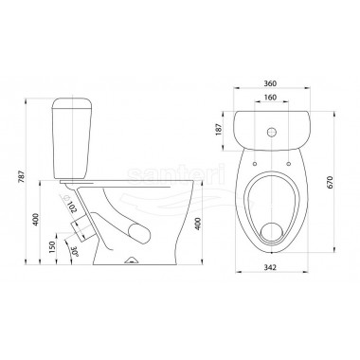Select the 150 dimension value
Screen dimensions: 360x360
tap(52, 246)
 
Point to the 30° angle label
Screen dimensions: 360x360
tap(75, 251)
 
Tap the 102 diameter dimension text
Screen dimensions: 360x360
tap(72, 207)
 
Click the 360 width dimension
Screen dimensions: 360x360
tap(271, 83)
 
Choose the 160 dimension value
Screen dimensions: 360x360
tap(271, 98)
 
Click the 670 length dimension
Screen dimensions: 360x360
tap(330, 182)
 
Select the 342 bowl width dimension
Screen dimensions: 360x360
tap(271, 267)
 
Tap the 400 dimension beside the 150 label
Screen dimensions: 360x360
tap(36, 220)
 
